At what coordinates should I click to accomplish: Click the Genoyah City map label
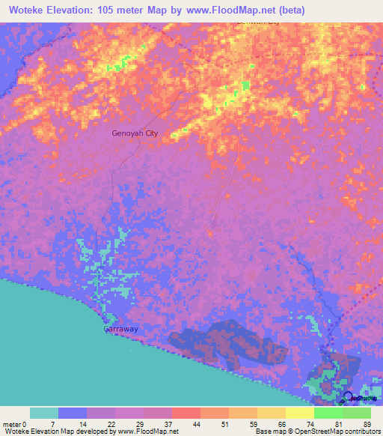135,133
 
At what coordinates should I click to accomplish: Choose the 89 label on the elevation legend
367,424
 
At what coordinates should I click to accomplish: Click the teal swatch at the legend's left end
44,413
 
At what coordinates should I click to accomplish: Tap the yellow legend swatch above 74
300,413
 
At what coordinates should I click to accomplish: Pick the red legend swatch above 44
186,413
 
